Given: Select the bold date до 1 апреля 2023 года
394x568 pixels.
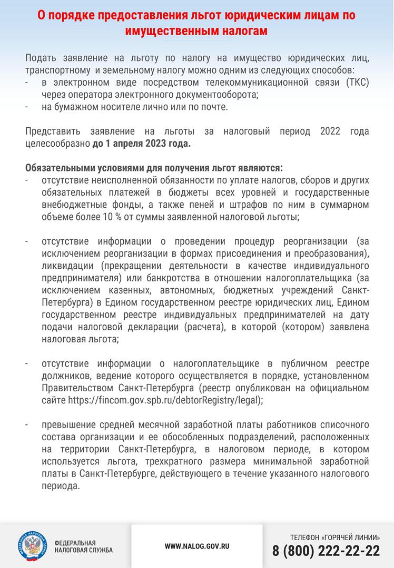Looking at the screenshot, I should click(x=142, y=143).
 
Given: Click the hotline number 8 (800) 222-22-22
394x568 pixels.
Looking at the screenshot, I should click(x=326, y=551).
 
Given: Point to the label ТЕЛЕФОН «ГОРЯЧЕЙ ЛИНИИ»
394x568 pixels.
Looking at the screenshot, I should click(x=334, y=537).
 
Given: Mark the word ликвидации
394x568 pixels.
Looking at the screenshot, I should click(x=66, y=267).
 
